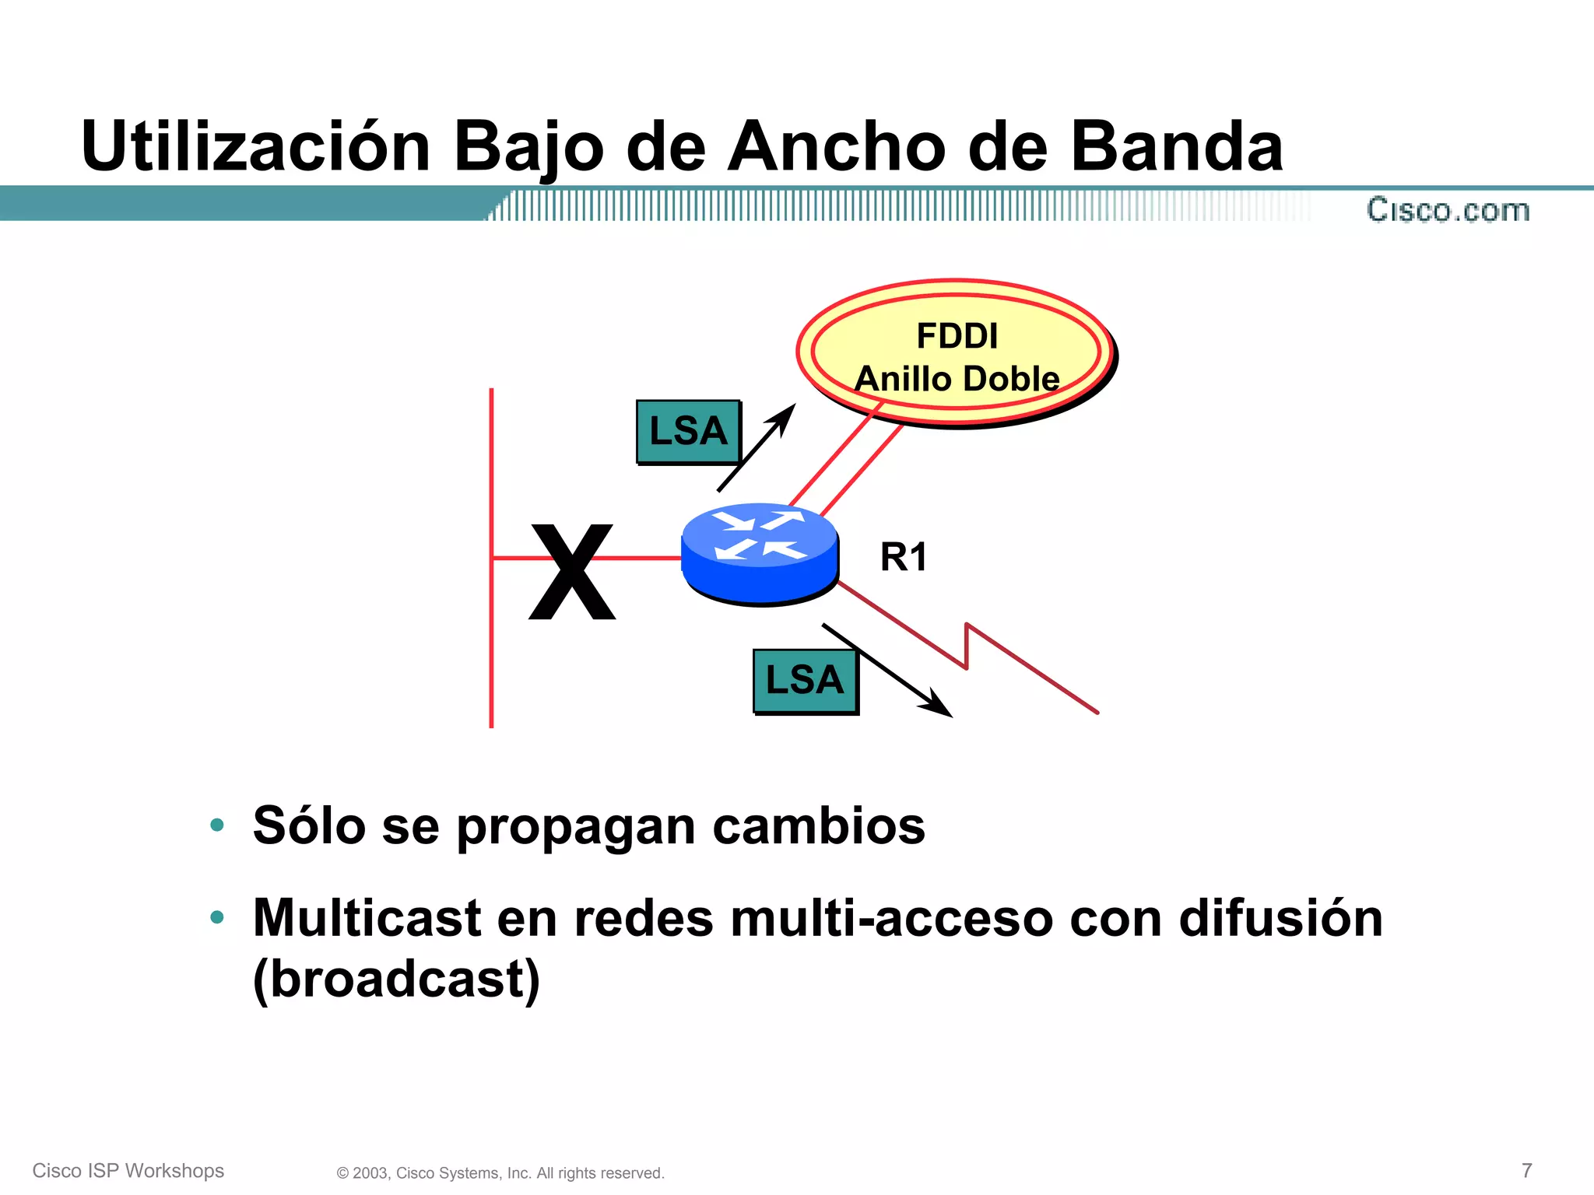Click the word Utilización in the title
255,146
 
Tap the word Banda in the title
1176,146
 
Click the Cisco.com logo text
1448,210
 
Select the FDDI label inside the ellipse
957,336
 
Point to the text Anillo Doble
957,379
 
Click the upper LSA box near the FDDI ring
688,432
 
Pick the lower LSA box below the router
805,681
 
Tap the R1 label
903,557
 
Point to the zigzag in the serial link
967,646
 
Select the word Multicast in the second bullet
367,918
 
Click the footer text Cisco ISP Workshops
128,1171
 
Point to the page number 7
1526,1170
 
